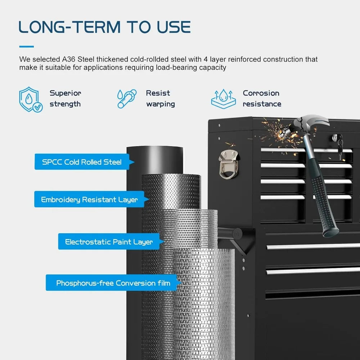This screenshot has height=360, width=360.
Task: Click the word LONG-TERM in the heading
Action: [x=69, y=27]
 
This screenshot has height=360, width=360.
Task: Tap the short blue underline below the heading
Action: [x=26, y=46]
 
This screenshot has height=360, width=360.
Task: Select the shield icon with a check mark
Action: [x=31, y=99]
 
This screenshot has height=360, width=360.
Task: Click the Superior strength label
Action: [x=66, y=99]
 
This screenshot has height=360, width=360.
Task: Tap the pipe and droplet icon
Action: [x=127, y=99]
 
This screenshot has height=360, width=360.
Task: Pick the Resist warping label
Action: [x=161, y=99]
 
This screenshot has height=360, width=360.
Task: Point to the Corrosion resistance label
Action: [x=262, y=99]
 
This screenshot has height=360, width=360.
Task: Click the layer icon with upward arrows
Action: [x=224, y=99]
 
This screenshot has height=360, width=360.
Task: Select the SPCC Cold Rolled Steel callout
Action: [x=84, y=162]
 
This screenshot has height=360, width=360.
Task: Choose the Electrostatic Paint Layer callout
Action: [x=111, y=242]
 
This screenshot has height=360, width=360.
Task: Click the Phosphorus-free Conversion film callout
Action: [x=113, y=283]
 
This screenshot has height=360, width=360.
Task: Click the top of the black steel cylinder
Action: [x=155, y=148]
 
